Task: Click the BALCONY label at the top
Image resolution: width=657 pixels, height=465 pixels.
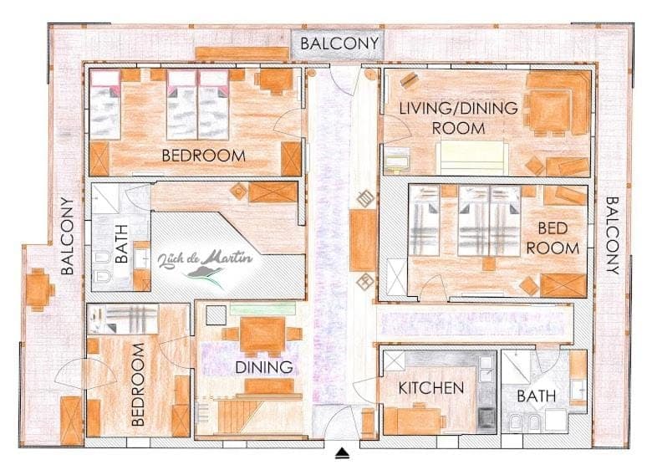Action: point(339,43)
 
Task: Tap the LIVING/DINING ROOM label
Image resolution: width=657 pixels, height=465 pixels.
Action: point(458,118)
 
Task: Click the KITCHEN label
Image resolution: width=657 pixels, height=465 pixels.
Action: point(431,388)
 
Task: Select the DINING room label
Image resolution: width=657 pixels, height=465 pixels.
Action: point(264,367)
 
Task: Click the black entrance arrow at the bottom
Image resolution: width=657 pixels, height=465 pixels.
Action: point(343,453)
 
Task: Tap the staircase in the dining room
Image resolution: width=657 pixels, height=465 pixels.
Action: point(240,416)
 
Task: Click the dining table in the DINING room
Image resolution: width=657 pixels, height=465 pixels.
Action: point(262,335)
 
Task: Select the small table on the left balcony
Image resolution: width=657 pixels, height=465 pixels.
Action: point(37,289)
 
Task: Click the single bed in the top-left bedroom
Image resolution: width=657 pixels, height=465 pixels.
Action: point(105,105)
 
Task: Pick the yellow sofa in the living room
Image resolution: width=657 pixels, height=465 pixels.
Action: point(472,158)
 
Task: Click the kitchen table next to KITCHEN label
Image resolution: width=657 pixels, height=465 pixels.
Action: point(412,421)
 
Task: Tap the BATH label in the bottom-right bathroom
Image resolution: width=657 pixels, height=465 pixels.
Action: point(537,396)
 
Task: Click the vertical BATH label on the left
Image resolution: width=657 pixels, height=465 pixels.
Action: point(121,243)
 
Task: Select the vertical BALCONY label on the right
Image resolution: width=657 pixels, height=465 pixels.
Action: point(613,235)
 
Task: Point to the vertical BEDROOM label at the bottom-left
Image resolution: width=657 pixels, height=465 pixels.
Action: point(138,385)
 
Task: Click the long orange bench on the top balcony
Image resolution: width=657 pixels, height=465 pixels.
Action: point(242,54)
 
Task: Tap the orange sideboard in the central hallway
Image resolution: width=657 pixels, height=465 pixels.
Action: point(363,240)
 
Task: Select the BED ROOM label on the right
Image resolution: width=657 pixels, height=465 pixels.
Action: point(553,238)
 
